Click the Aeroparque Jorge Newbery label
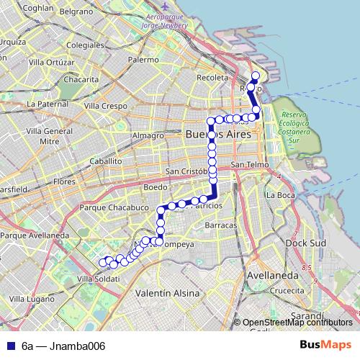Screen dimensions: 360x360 [x=166, y=20]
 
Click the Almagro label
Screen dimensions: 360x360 [x=148, y=135]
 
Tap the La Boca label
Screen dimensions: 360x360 [x=280, y=194]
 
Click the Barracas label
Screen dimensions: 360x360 [x=220, y=225]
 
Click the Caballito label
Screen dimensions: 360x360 [x=107, y=162]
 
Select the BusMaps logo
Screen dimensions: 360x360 [x=326, y=346]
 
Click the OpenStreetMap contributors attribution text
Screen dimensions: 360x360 [x=298, y=323]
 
